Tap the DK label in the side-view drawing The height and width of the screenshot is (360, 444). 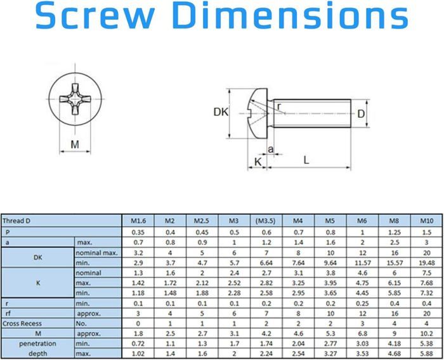[x=220, y=112]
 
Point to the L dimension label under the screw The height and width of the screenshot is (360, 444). [x=306, y=160]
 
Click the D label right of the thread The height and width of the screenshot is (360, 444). [x=360, y=114]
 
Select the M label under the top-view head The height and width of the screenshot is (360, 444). [x=75, y=145]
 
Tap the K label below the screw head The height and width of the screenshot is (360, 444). [x=258, y=162]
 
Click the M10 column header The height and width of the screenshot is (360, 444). [x=426, y=221]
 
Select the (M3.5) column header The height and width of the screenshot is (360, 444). [x=264, y=221]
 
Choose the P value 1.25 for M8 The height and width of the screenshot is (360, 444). [x=394, y=231]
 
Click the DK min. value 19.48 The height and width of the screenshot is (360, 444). [x=426, y=262]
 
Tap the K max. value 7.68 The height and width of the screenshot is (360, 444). [x=426, y=283]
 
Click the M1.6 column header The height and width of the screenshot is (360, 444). [x=138, y=221]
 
